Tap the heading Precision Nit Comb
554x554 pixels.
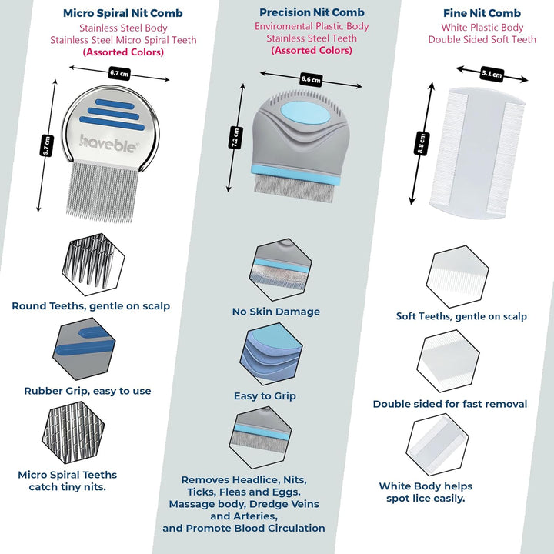click(312, 12)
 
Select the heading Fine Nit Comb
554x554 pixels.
click(482, 13)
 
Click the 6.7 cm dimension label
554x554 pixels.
click(119, 73)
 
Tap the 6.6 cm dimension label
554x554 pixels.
click(311, 79)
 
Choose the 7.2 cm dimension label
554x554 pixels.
click(236, 138)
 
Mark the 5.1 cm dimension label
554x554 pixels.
click(492, 74)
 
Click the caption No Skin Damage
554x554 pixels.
click(275, 312)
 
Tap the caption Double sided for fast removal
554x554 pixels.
click(450, 404)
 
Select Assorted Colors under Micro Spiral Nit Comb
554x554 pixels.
click(123, 52)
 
